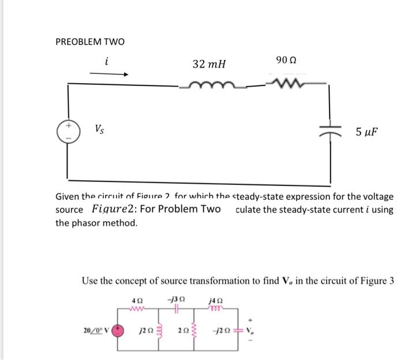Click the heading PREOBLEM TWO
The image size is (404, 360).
89,42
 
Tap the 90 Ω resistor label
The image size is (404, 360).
287,60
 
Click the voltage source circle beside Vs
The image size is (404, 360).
68,131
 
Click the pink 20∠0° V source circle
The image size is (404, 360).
119,331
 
